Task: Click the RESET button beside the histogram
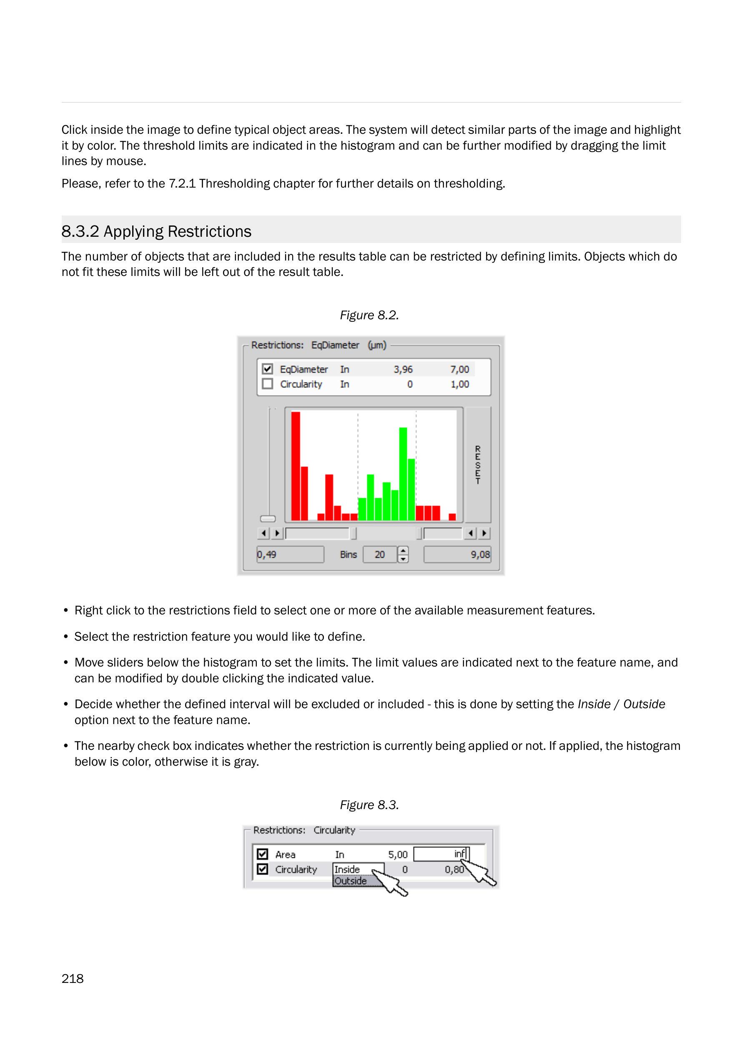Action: (478, 464)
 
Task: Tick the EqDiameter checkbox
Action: (267, 369)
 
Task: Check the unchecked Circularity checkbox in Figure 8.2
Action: (267, 383)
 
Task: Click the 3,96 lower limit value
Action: (403, 369)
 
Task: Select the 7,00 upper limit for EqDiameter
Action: (459, 369)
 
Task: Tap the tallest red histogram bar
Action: (296, 466)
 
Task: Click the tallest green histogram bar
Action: (403, 474)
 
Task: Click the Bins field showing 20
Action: (379, 555)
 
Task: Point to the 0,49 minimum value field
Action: (290, 555)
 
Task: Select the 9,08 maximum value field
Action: (457, 555)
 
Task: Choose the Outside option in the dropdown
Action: (351, 881)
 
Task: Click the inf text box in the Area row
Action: (441, 854)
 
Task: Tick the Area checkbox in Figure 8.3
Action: (263, 854)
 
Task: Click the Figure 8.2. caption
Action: (369, 315)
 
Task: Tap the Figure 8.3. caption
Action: (369, 805)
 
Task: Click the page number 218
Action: (73, 979)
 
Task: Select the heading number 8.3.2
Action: (80, 231)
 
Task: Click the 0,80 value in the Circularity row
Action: (454, 870)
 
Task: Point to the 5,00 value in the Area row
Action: (398, 855)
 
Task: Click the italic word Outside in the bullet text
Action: (644, 704)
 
